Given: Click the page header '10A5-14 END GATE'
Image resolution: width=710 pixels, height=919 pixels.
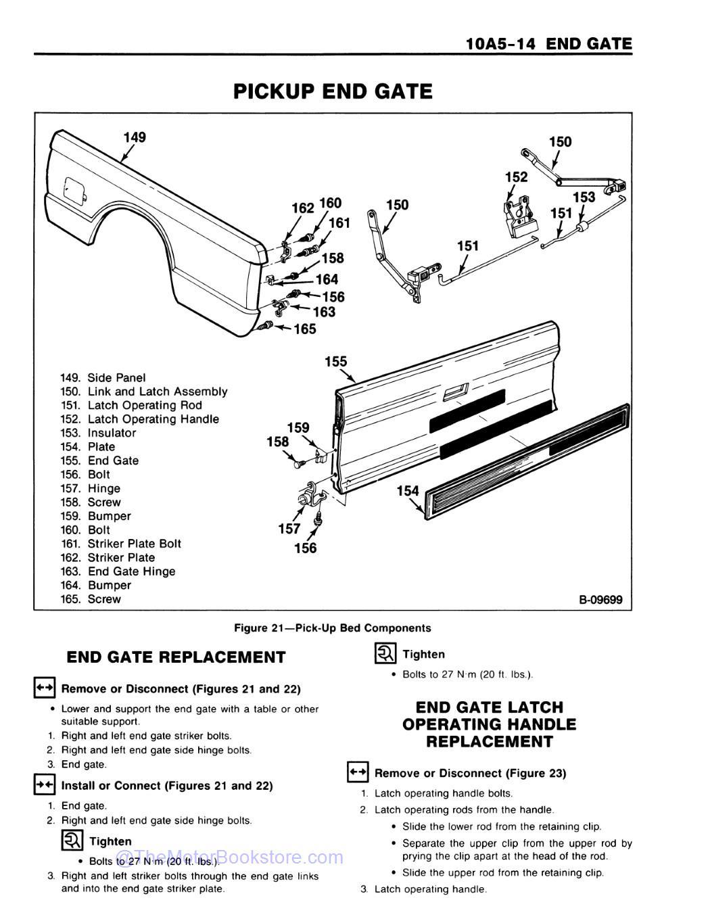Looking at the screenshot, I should click(548, 45).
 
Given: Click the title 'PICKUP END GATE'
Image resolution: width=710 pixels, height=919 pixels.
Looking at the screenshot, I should click(333, 91).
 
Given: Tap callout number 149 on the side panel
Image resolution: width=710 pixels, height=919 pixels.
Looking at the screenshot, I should click(134, 137).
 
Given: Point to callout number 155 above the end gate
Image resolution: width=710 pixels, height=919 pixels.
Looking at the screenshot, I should click(336, 362).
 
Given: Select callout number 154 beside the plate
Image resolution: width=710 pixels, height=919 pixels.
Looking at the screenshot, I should click(408, 491).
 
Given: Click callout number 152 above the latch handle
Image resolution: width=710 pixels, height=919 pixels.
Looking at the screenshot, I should click(516, 177).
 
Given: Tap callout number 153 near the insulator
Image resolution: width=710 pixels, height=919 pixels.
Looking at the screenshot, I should click(584, 197).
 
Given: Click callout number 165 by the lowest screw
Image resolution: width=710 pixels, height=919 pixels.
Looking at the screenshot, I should click(304, 329).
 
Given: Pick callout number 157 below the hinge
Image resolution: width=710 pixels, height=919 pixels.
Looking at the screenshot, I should click(289, 529).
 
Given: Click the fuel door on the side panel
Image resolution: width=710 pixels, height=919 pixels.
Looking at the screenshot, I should click(74, 189).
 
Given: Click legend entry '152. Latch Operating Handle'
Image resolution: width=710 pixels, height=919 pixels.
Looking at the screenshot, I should click(140, 419).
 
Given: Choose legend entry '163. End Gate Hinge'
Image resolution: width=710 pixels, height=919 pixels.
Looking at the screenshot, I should click(118, 571).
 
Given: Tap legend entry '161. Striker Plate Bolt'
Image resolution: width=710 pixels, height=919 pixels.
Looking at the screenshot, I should click(121, 544).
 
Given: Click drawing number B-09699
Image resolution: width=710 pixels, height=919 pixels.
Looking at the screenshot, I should click(600, 599).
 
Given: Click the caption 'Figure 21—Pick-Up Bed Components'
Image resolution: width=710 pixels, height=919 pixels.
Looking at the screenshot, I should click(332, 628).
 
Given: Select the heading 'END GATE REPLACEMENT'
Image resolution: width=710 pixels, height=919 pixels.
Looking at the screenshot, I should click(176, 657).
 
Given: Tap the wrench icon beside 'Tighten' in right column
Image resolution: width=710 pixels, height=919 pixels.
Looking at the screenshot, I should click(385, 654).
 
